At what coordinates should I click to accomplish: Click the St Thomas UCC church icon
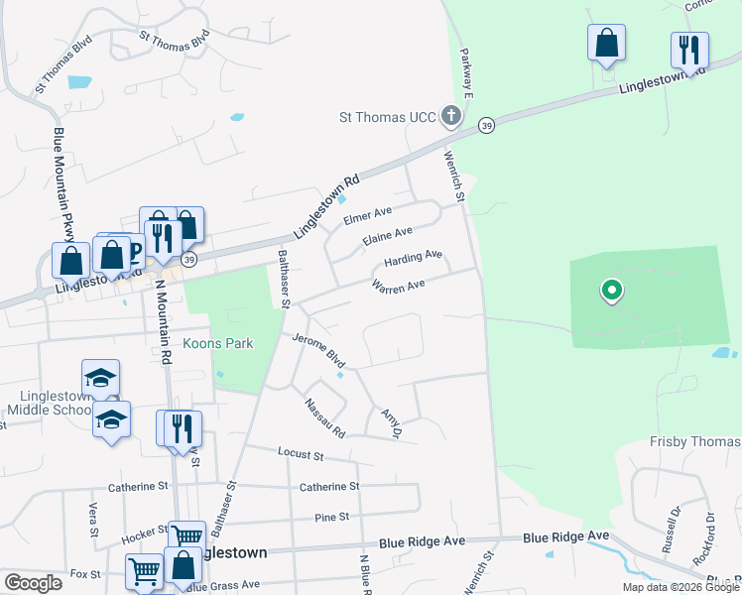pyautogui.click(x=451, y=117)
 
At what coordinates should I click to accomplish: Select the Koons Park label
pyautogui.click(x=218, y=344)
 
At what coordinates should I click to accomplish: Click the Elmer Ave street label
pyautogui.click(x=368, y=215)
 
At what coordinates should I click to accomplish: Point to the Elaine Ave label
pyautogui.click(x=388, y=237)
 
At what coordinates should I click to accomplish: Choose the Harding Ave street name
pyautogui.click(x=413, y=260)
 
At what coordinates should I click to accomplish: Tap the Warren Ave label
pyautogui.click(x=398, y=286)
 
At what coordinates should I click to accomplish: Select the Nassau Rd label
pyautogui.click(x=325, y=419)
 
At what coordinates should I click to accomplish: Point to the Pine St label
pyautogui.click(x=330, y=518)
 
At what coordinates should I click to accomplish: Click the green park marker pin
pyautogui.click(x=612, y=292)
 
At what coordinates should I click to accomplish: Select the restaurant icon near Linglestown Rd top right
pyautogui.click(x=688, y=49)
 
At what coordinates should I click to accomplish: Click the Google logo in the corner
pyautogui.click(x=33, y=583)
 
